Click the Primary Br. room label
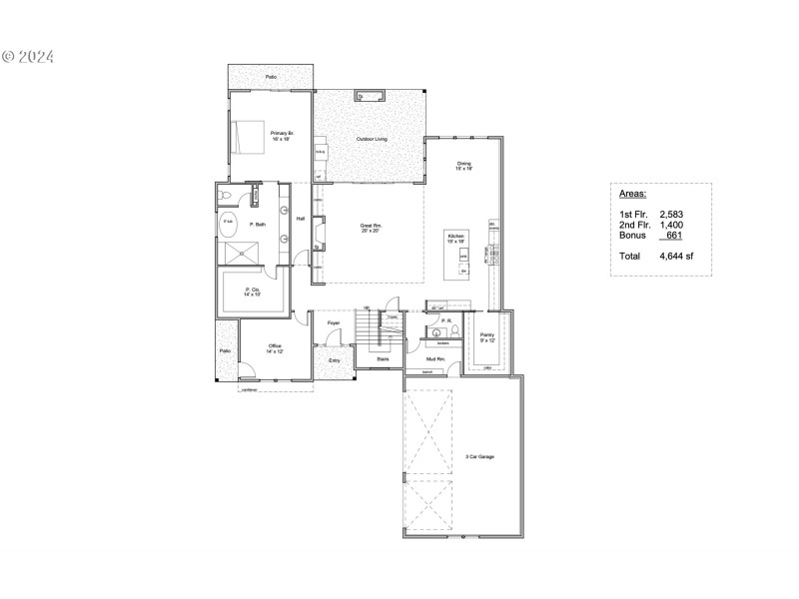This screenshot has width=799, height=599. click(280, 135)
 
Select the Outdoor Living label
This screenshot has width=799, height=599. click(373, 138)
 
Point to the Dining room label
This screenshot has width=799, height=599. click(464, 166)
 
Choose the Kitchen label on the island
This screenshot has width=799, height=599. click(456, 238)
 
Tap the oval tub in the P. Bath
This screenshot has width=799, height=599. click(229, 226)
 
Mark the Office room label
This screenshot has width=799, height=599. click(275, 349)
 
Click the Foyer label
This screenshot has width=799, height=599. click(334, 323)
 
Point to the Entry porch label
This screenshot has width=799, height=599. click(334, 360)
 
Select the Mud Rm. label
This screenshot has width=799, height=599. click(435, 358)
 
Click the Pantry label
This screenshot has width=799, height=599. click(487, 336)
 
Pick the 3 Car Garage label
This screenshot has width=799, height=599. click(480, 456)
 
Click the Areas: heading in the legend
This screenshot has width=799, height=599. click(633, 196)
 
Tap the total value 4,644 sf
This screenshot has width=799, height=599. click(675, 256)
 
